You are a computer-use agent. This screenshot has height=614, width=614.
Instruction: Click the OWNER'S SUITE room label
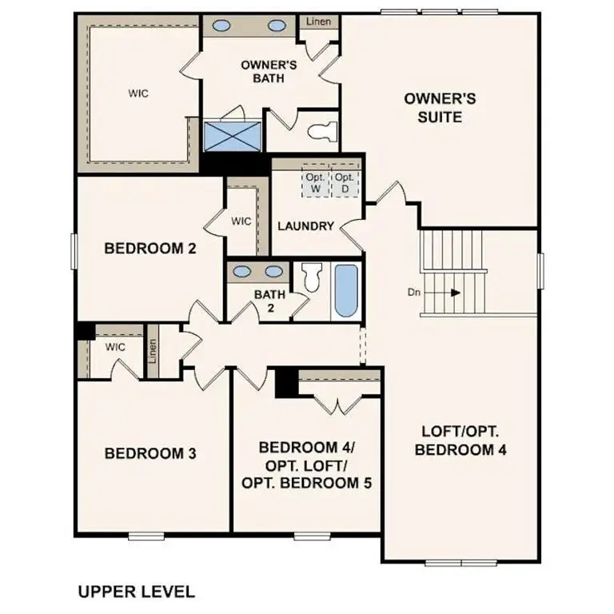(440, 107)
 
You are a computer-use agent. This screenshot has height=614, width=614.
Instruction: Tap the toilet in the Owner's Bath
(324, 132)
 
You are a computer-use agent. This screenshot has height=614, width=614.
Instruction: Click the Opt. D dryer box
(344, 183)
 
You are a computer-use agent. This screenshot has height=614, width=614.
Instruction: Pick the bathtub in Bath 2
(345, 291)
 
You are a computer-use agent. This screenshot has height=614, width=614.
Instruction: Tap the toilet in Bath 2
(311, 276)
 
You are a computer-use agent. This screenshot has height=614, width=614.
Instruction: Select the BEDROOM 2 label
(150, 249)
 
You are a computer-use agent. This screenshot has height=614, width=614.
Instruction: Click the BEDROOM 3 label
(150, 453)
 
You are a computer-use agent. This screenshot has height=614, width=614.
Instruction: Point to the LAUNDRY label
(305, 226)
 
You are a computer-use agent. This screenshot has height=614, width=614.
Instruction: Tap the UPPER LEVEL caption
(136, 592)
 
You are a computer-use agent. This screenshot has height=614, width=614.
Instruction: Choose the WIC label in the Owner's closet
(138, 94)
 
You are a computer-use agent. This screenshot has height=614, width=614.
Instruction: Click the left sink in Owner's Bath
(220, 25)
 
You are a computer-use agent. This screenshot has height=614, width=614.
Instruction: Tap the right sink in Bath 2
(274, 270)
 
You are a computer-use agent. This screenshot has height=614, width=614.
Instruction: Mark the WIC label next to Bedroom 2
(241, 220)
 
